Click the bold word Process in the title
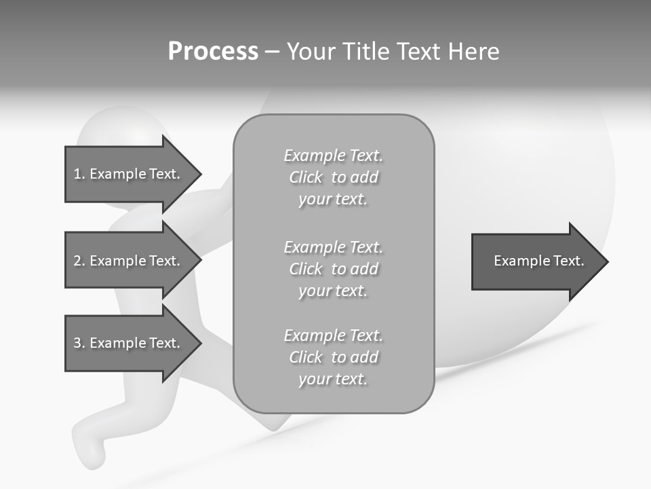(213, 52)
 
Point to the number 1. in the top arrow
(79, 174)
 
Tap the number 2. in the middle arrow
(79, 261)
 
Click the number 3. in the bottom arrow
(79, 343)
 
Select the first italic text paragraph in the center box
(333, 177)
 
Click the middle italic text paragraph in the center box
(333, 269)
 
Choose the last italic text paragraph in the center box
(333, 357)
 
